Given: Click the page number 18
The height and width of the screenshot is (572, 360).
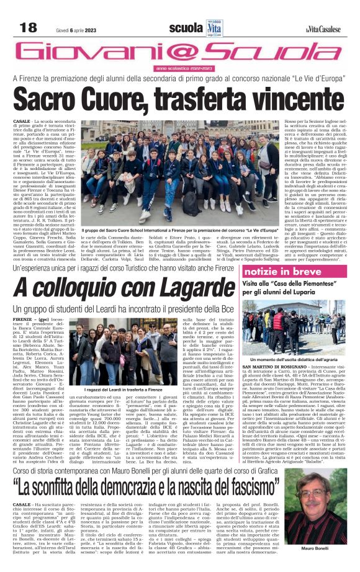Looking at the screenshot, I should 29,27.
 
